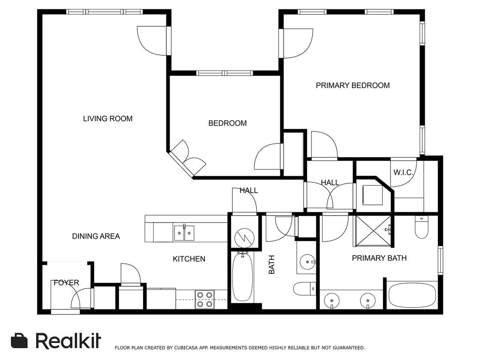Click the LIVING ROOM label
pyautogui.click(x=108, y=119)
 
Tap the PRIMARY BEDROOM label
pyautogui.click(x=352, y=85)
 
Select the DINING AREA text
pyautogui.click(x=96, y=236)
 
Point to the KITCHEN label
pyautogui.click(x=189, y=259)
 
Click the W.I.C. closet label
pyautogui.click(x=404, y=172)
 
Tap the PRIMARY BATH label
pyautogui.click(x=379, y=258)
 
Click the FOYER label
pyautogui.click(x=66, y=283)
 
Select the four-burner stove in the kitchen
pyautogui.click(x=204, y=300)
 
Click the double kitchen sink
pyautogui.click(x=184, y=233)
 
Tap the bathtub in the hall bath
pyautogui.click(x=242, y=277)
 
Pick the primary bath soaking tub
pyautogui.click(x=412, y=295)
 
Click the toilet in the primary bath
pyautogui.click(x=421, y=227)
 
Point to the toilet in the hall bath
pyautogui.click(x=304, y=288)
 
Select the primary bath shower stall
pyautogui.click(x=373, y=231)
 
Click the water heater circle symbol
pyautogui.click(x=244, y=238)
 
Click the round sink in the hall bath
pyautogui.click(x=307, y=262)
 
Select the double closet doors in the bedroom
pyautogui.click(x=187, y=158)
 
